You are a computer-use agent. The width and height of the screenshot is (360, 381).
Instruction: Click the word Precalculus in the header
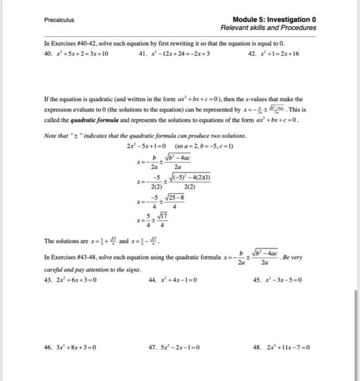[x=59, y=20]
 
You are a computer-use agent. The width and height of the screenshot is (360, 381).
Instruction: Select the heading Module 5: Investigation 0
[x=274, y=20]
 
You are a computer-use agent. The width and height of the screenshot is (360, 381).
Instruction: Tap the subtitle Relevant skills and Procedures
[x=269, y=28]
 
